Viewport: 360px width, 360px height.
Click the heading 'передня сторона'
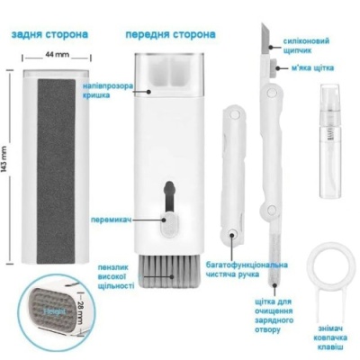170,34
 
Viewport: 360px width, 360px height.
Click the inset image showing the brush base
60,319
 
